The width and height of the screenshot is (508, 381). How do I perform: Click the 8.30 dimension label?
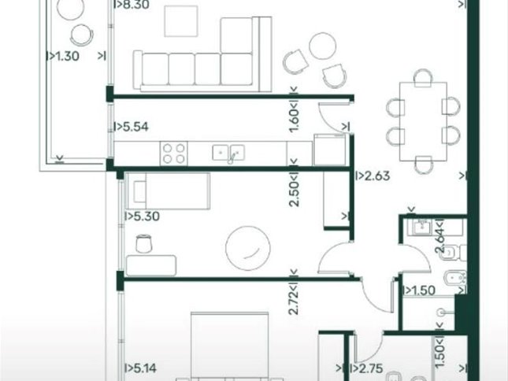coord(135,5)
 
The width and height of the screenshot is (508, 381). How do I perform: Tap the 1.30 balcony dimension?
coord(67,56)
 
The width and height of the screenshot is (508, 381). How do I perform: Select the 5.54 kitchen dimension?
coord(135,127)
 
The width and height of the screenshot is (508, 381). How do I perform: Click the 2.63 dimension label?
coord(376,176)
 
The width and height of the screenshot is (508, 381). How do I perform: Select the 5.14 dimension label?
coord(143,368)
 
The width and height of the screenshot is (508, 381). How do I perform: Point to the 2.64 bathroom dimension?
coord(440,241)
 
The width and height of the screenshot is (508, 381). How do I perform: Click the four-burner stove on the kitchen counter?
coord(173,154)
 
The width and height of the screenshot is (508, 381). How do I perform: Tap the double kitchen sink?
coord(228,153)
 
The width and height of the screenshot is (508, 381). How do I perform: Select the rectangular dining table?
coord(423,121)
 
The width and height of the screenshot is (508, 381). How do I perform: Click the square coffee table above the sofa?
coord(181,21)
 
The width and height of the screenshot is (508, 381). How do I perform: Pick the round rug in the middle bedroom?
coord(248,248)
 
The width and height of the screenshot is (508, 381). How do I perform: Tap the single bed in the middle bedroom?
coord(168,191)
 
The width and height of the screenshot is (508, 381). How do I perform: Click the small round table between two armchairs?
coord(322,46)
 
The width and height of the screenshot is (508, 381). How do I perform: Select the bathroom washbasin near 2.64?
coord(422,226)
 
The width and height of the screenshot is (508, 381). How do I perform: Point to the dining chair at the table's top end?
coord(423,78)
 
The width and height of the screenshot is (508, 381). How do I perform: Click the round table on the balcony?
coord(71,9)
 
